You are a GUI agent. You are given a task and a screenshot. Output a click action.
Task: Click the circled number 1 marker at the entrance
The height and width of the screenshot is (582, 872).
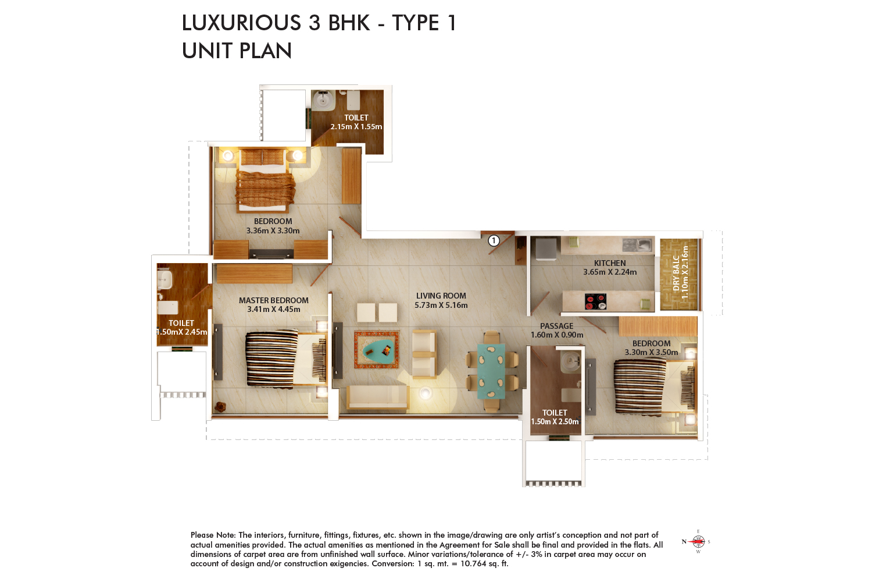(x=494, y=240)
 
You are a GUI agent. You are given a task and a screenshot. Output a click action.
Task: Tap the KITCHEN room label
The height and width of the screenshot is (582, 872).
(x=610, y=263)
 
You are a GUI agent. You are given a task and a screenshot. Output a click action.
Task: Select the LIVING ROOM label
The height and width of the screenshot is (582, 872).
(x=441, y=296)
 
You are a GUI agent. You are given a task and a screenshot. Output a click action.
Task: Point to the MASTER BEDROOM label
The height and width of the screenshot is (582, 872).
(x=273, y=300)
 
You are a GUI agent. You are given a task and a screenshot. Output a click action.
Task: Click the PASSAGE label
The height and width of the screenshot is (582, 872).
(x=557, y=326)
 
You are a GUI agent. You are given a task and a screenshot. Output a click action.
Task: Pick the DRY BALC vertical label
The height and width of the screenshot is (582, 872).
(x=676, y=273)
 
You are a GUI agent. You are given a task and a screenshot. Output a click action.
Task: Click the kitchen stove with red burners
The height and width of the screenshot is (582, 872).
(x=596, y=301)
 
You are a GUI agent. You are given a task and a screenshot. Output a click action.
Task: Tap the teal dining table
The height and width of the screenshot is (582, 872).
(x=491, y=371)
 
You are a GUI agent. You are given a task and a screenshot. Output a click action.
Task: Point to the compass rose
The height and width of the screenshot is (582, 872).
(x=697, y=541)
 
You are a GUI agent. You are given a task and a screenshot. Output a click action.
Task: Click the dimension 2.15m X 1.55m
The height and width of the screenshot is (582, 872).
(x=356, y=127)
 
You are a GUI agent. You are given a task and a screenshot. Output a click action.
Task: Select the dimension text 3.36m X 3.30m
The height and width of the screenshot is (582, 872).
(x=273, y=231)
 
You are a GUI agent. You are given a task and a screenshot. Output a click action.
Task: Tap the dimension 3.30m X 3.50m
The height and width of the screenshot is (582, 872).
(x=651, y=352)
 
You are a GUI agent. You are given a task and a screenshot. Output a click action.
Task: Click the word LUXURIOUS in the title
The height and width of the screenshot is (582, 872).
(x=241, y=23)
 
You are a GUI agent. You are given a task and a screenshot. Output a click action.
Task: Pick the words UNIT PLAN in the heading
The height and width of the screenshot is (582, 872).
(x=237, y=51)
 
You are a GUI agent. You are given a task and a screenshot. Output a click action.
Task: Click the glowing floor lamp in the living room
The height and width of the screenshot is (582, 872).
(x=426, y=392)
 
